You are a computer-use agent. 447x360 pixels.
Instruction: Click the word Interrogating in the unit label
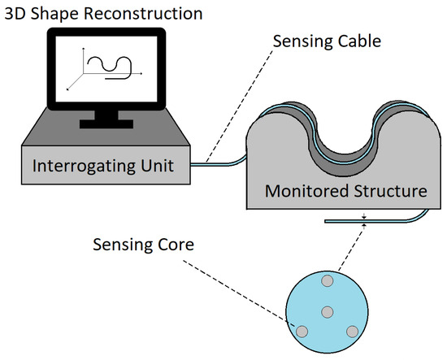point(84,167)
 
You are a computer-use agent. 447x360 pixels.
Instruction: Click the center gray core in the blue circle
point(328,312)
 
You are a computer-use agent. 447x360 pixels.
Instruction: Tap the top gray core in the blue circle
point(328,281)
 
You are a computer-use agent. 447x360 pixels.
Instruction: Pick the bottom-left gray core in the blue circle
point(302,331)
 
